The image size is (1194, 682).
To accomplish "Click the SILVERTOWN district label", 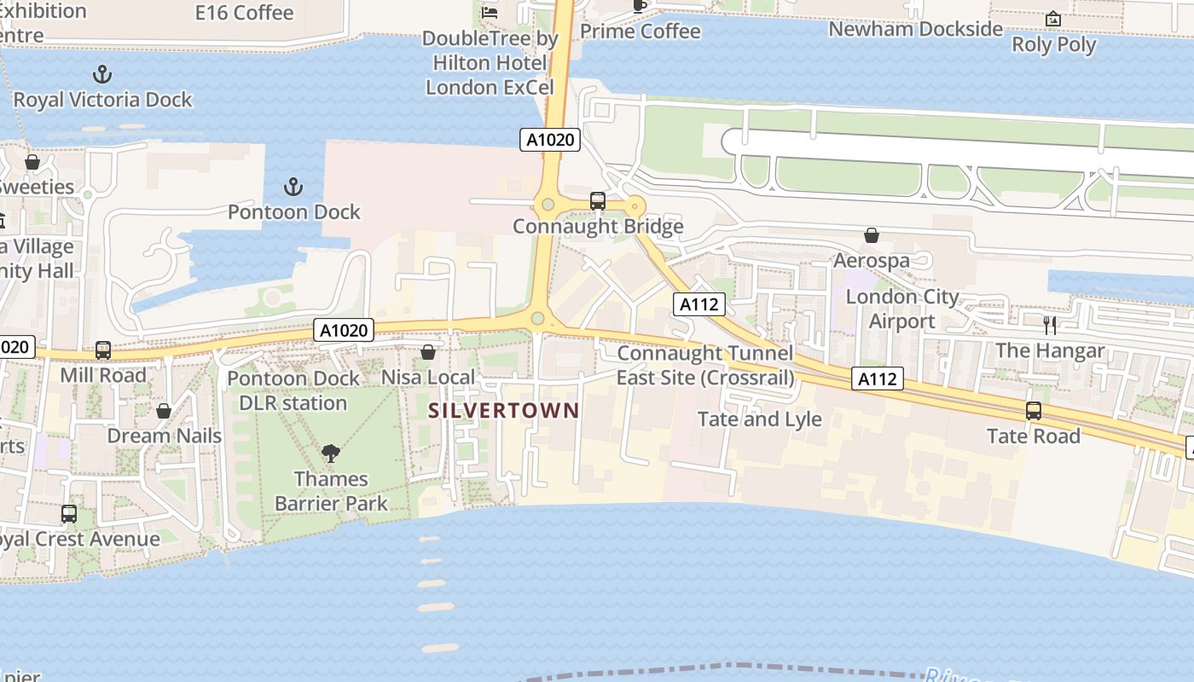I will [503, 410].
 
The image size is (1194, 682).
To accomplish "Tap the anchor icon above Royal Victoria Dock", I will [102, 74].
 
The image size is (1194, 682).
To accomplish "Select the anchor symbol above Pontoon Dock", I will [293, 186].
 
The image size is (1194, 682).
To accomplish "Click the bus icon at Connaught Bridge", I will [598, 201].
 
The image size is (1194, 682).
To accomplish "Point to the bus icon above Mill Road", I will [103, 350].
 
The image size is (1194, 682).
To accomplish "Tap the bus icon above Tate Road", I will [1034, 411].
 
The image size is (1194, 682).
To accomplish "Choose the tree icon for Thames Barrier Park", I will [331, 454].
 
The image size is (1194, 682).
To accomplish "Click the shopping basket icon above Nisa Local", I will [428, 352].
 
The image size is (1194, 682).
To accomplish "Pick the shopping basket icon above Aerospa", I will [872, 235].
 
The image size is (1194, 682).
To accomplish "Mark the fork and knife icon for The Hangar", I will [1050, 325].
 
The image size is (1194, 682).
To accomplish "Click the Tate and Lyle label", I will [760, 419].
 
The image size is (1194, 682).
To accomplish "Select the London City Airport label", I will [902, 309].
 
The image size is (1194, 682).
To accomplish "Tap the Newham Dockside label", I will [916, 29].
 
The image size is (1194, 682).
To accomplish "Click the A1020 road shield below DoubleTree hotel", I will [550, 140].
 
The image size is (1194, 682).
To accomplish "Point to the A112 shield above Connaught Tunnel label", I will [699, 304].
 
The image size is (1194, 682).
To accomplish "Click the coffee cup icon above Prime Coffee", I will [640, 7].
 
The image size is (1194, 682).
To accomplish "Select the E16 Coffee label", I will [244, 13].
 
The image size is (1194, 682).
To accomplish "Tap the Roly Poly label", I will [1054, 44].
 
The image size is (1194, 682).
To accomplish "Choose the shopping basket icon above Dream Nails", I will [164, 411].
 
